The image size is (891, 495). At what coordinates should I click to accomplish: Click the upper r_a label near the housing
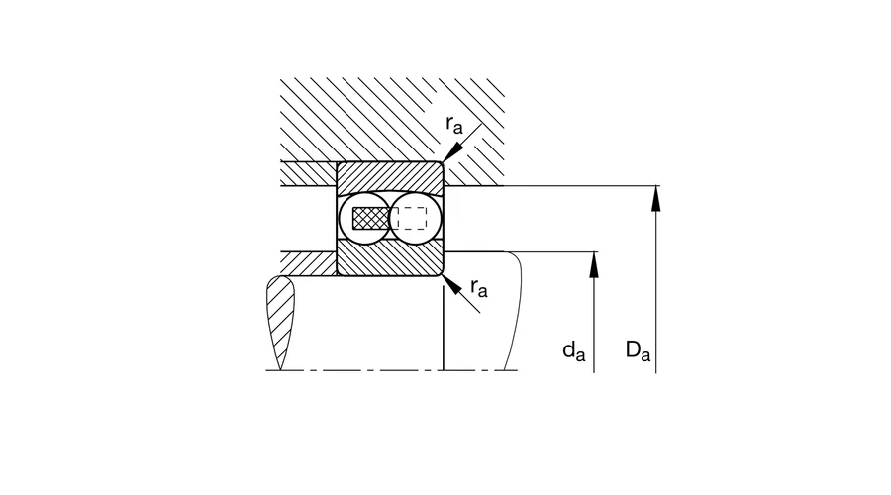click(x=454, y=124)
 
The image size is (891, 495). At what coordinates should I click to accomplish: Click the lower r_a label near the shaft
click(x=479, y=288)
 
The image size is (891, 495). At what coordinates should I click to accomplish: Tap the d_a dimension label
click(x=573, y=350)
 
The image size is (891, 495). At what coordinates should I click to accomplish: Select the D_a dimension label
click(x=638, y=350)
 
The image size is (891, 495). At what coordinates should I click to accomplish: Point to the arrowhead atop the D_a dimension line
click(x=655, y=198)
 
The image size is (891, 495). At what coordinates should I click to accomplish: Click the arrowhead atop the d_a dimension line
click(x=594, y=265)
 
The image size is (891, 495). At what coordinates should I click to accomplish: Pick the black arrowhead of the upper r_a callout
click(x=452, y=152)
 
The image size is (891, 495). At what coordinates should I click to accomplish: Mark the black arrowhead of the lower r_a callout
click(x=452, y=285)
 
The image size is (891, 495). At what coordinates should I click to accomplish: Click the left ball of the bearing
click(x=364, y=218)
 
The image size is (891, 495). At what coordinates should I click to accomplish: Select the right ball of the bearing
click(x=416, y=218)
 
